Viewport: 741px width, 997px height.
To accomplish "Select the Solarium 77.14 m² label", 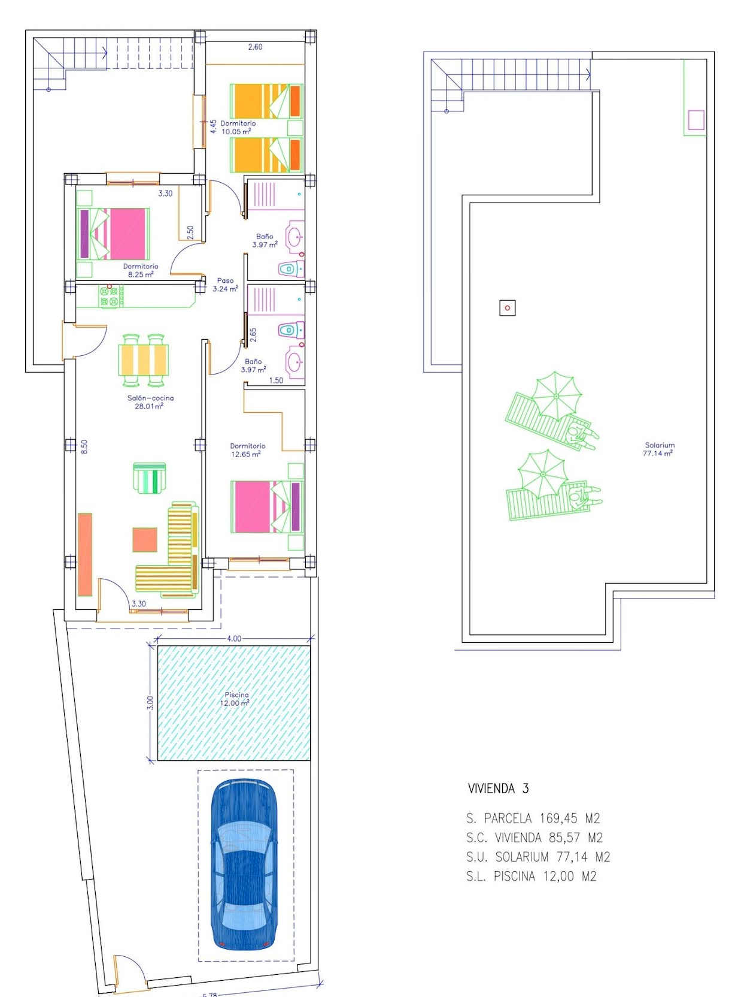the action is (x=659, y=449).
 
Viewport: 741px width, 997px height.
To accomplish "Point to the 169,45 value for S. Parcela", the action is (x=557, y=818).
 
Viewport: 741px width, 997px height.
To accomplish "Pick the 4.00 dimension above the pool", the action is (x=234, y=638).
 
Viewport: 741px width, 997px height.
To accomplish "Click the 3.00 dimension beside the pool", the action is (x=150, y=703).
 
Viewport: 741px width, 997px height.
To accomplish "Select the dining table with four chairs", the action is (x=144, y=360).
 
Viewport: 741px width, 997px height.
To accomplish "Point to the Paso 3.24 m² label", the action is (x=225, y=285).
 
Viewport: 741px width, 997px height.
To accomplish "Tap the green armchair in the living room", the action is (x=150, y=478).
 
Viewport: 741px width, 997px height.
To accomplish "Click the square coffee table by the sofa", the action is (x=145, y=539).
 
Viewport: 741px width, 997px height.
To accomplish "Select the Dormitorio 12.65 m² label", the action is (x=247, y=450).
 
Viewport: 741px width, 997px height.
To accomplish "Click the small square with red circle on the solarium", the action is (x=508, y=308).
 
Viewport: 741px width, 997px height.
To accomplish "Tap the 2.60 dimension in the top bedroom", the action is (x=255, y=47).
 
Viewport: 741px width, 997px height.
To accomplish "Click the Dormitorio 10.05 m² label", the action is (x=238, y=127).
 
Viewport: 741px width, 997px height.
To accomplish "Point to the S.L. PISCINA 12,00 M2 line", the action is (x=532, y=876).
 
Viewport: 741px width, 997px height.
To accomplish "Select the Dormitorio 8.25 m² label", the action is (x=141, y=270).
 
